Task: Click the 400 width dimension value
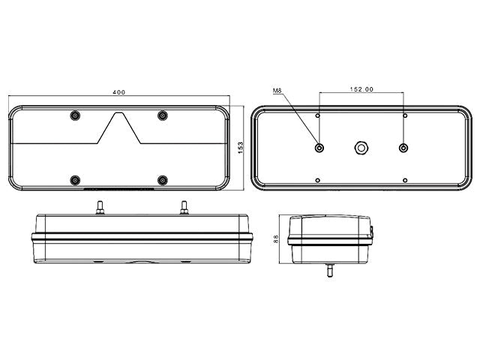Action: point(118,92)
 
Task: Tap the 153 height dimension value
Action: point(240,148)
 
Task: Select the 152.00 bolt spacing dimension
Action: point(361,89)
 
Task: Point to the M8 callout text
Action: point(277,91)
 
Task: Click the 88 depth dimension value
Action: point(276,238)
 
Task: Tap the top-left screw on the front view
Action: point(75,115)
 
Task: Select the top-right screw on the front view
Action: point(163,115)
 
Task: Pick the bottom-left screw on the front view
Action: point(75,180)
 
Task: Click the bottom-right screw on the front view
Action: point(163,180)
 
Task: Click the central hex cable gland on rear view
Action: point(361,148)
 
